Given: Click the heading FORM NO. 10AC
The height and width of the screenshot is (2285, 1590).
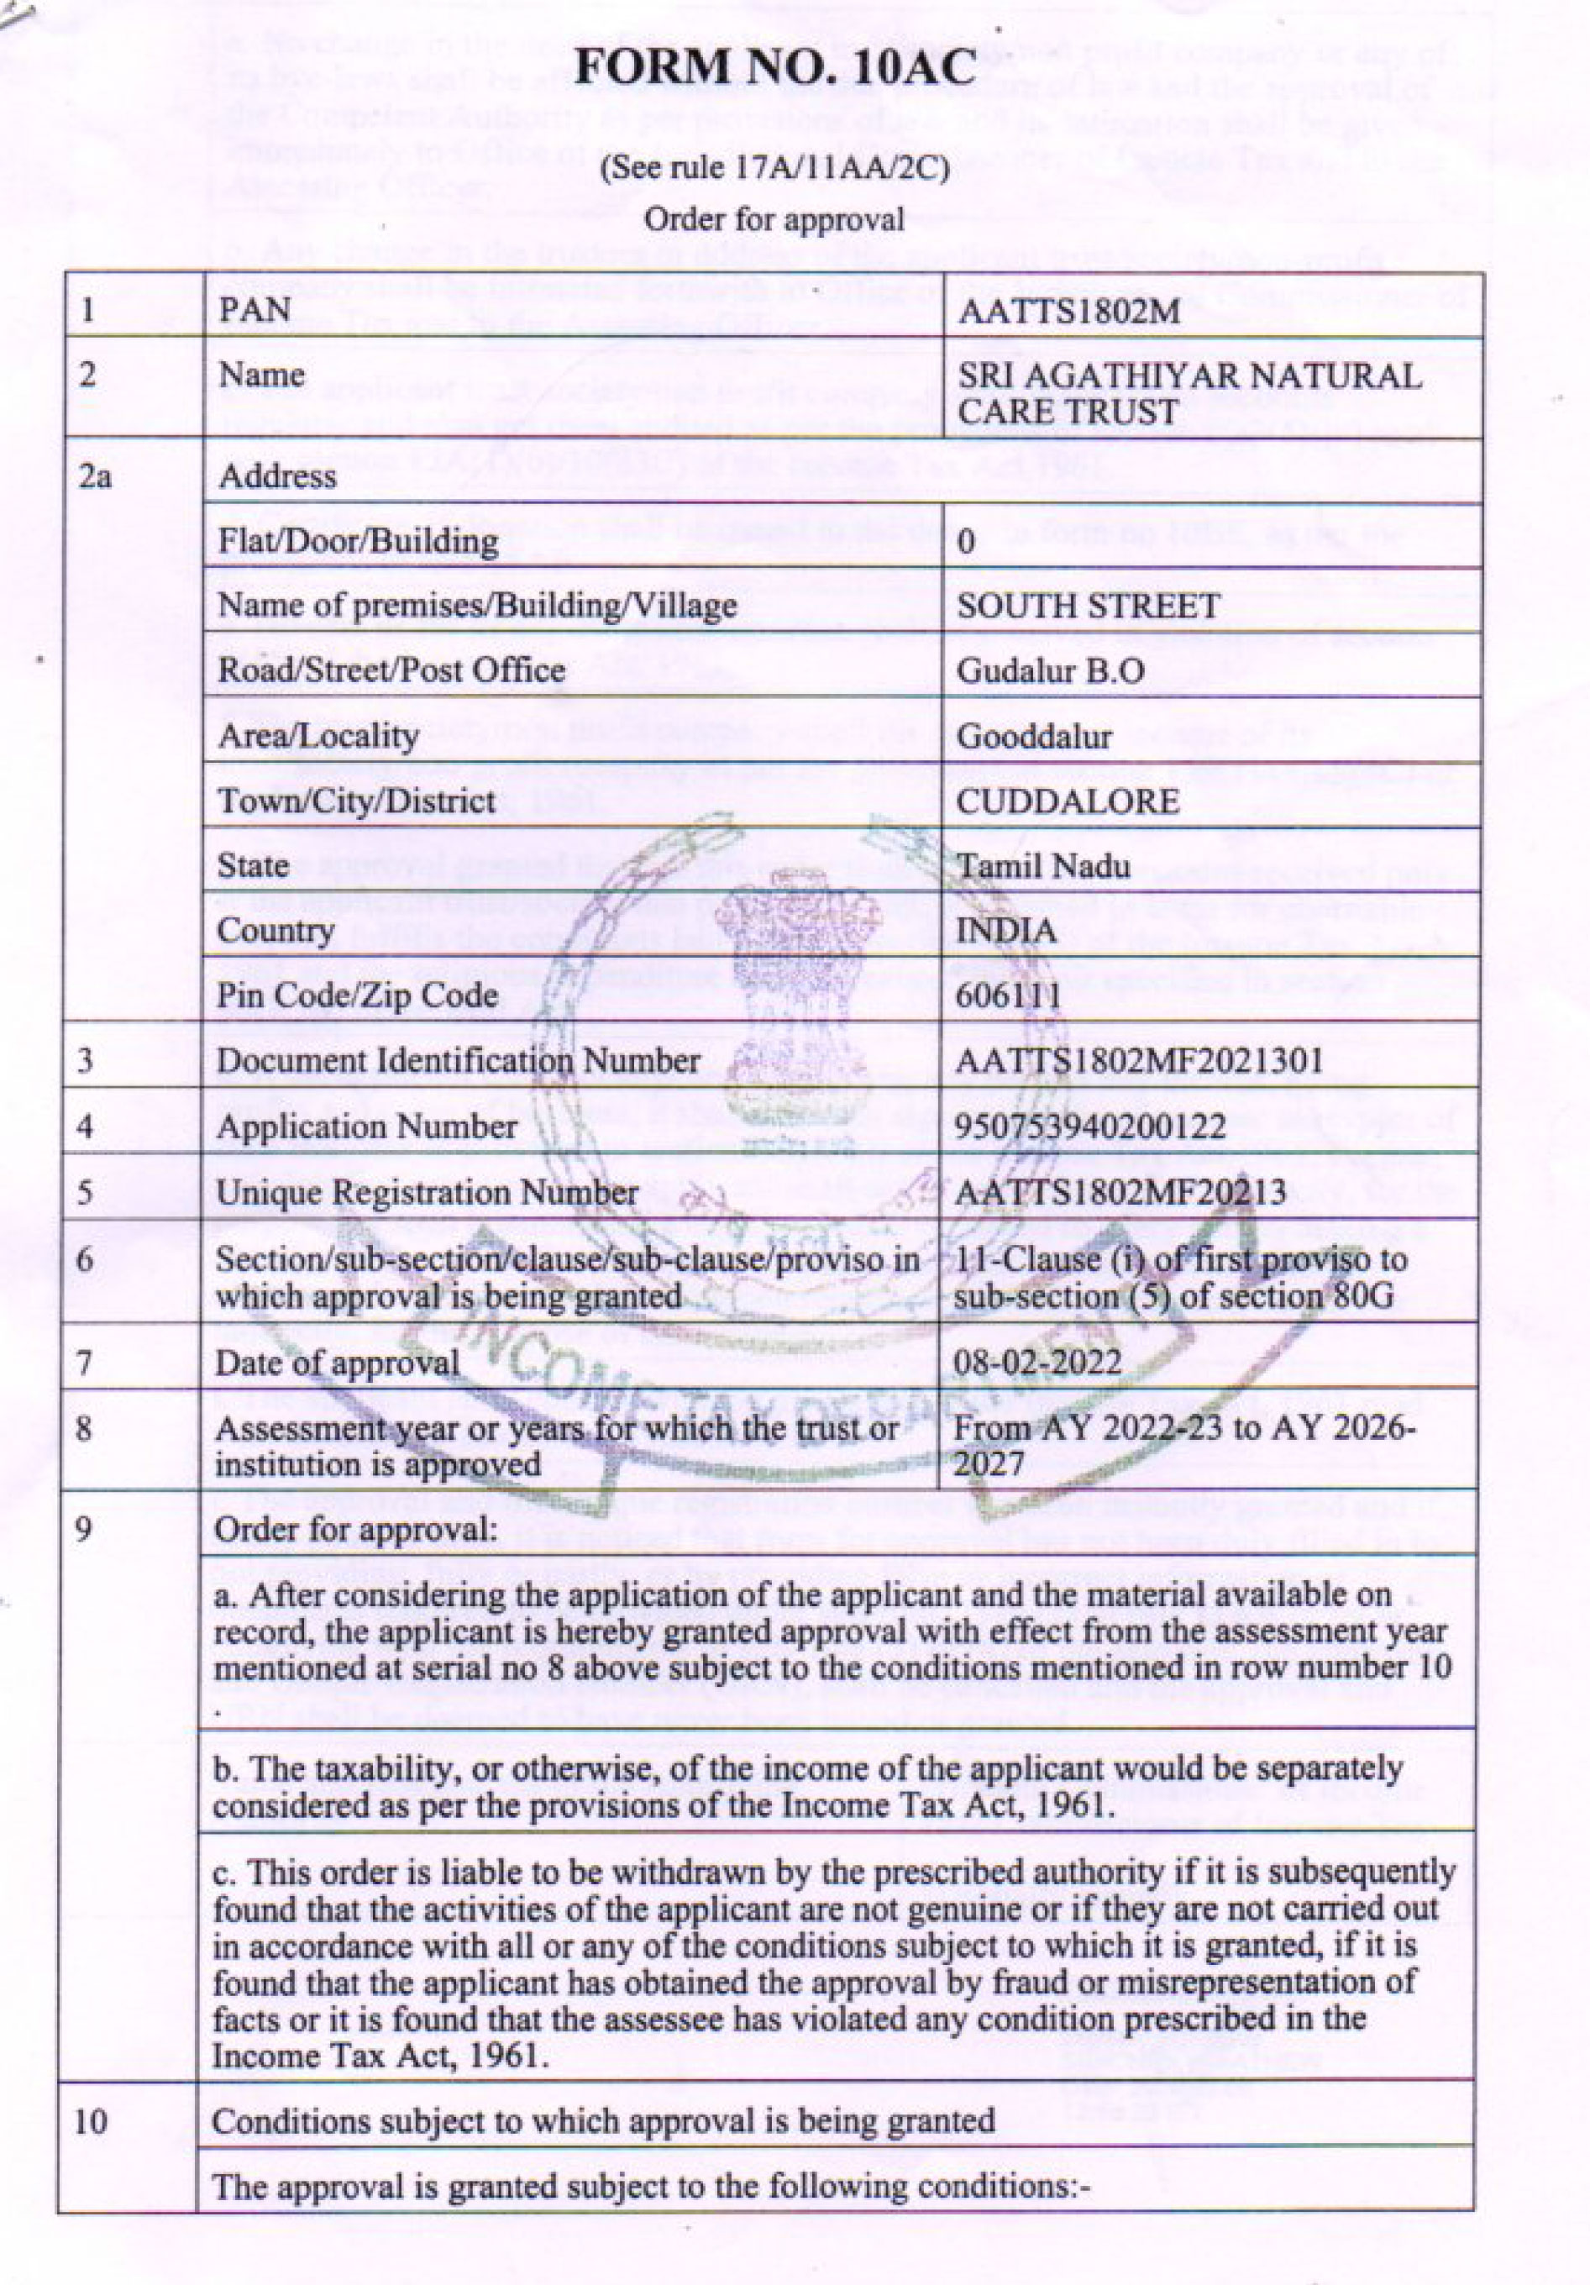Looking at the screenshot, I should click(x=775, y=69).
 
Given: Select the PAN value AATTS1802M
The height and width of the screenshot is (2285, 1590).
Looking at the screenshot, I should click(x=1068, y=312).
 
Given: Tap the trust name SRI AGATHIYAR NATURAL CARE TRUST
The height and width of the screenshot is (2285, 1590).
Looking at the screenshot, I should click(x=1189, y=393).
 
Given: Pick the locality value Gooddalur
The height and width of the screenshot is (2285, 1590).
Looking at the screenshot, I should click(x=1034, y=737).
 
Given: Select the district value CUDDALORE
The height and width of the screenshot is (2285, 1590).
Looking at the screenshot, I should click(x=1068, y=801).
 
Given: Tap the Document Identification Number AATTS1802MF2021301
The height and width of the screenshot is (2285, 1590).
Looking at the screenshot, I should click(x=1139, y=1061).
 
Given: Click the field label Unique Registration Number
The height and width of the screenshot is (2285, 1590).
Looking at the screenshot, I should click(x=427, y=1192).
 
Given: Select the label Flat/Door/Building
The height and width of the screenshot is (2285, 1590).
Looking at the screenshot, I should click(x=357, y=541).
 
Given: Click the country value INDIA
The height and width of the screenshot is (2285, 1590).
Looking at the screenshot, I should click(x=1005, y=931).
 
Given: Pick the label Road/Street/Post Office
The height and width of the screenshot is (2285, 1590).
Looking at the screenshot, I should click(x=391, y=670).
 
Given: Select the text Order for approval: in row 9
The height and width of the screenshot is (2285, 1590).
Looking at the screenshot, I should click(x=355, y=1530).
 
